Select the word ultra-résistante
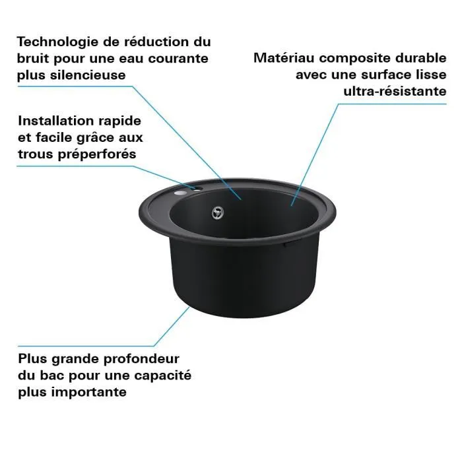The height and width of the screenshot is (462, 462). tap(395, 90)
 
